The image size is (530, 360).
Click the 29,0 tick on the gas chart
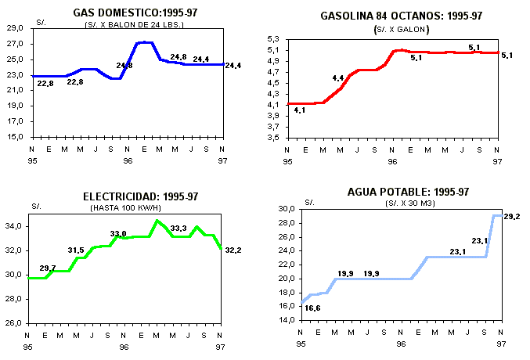[x=15, y=28]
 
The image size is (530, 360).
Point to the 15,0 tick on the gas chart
[x=15, y=137]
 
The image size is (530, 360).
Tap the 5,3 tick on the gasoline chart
[x=273, y=39]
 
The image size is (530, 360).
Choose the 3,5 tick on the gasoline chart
[x=273, y=137]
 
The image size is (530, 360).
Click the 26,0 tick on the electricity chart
[x=14, y=323]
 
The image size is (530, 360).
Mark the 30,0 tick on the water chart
[x=287, y=209]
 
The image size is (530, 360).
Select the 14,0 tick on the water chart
[x=287, y=320]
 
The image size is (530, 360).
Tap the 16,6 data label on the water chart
[x=312, y=308]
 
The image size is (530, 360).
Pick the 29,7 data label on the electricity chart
[x=48, y=268]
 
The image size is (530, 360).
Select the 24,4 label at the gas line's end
[x=233, y=65]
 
